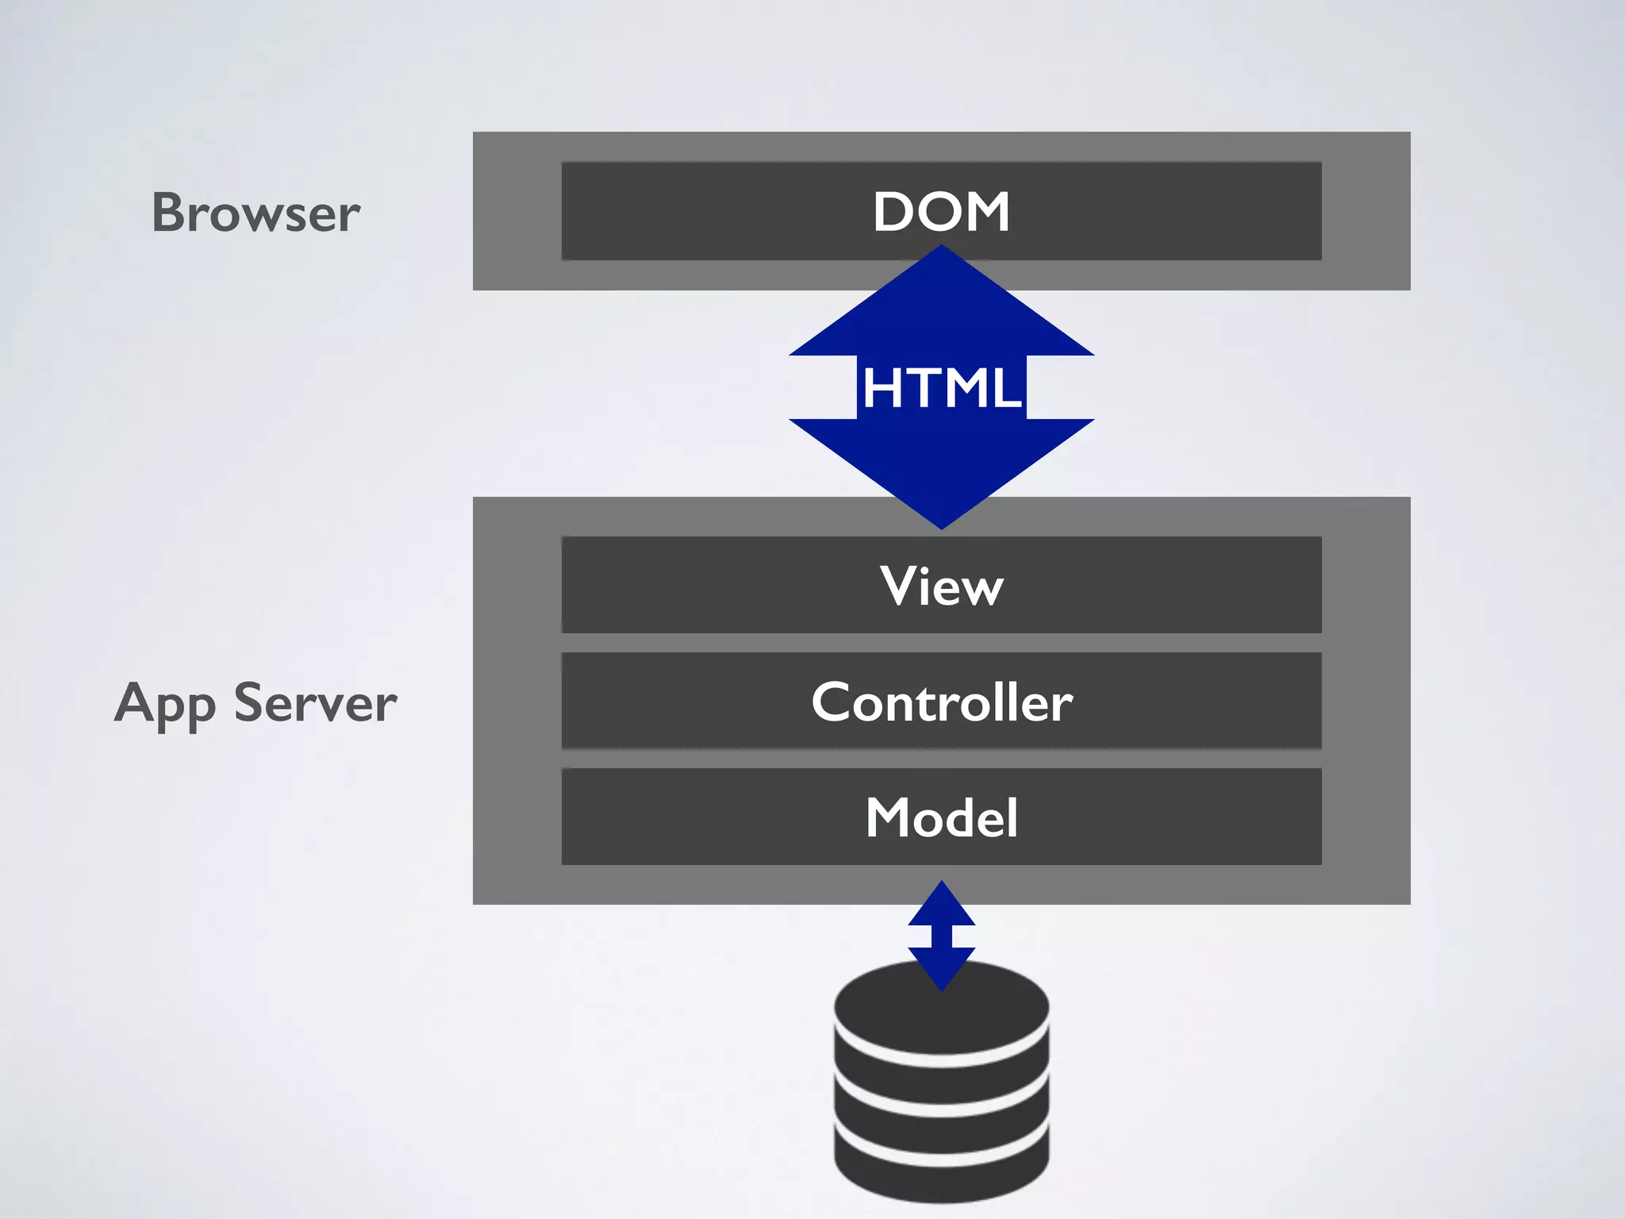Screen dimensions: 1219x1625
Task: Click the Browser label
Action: coord(255,213)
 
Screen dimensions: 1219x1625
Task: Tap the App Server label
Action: coord(255,703)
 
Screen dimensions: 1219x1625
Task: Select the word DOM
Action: coord(941,212)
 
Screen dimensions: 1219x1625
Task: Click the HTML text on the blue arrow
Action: coord(941,388)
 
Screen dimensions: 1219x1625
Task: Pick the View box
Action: coord(941,586)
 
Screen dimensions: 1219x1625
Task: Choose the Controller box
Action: coord(941,702)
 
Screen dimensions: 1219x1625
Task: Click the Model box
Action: coord(941,817)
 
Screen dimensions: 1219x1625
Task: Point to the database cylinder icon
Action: coord(941,1087)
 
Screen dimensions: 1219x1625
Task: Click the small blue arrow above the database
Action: coord(941,935)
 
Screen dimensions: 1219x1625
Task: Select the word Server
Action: coord(315,703)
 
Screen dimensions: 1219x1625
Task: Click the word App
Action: coord(165,705)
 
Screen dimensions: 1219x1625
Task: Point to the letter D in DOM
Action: coord(892,212)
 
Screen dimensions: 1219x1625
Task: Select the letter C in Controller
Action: coord(830,702)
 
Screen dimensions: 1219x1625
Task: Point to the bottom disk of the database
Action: coord(941,1167)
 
